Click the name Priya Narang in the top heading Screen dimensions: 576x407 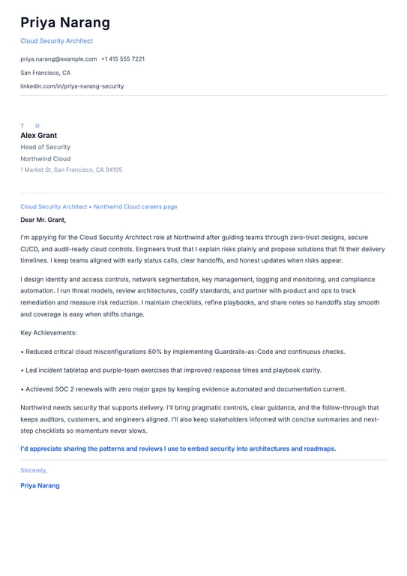click(x=65, y=23)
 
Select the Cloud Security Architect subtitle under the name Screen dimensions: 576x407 click(x=56, y=41)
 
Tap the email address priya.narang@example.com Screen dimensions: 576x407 click(x=58, y=58)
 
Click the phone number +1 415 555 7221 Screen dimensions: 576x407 click(x=123, y=58)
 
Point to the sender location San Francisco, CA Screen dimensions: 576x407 click(x=45, y=73)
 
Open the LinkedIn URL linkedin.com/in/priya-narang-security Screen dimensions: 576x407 click(x=72, y=86)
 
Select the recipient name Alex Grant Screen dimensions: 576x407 click(x=38, y=136)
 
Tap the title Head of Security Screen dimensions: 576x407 click(x=45, y=148)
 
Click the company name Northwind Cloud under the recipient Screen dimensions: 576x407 click(x=45, y=159)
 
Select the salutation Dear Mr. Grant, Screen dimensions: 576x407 click(x=43, y=220)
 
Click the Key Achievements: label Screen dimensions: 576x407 click(x=49, y=332)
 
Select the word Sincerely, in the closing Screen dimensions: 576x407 click(x=34, y=470)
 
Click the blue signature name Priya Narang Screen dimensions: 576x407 click(x=40, y=485)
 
